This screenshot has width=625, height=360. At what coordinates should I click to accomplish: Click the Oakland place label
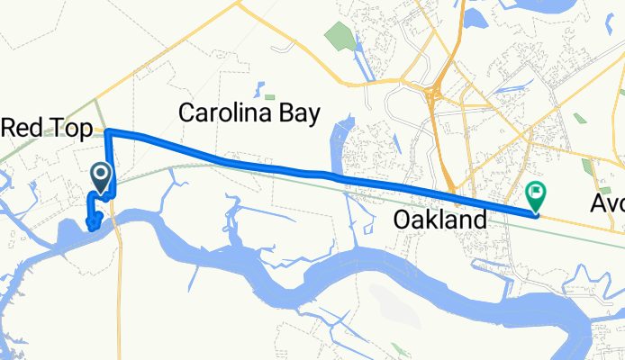click(440, 218)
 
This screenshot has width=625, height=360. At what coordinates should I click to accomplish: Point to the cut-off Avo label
click(608, 204)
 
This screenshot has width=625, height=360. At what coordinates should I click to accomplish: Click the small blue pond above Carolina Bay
click(259, 90)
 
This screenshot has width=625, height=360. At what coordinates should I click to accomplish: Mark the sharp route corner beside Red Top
click(107, 133)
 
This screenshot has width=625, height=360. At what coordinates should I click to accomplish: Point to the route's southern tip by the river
click(91, 226)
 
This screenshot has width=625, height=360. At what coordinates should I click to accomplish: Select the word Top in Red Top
click(71, 129)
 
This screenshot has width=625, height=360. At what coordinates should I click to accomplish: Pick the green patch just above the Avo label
click(589, 168)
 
